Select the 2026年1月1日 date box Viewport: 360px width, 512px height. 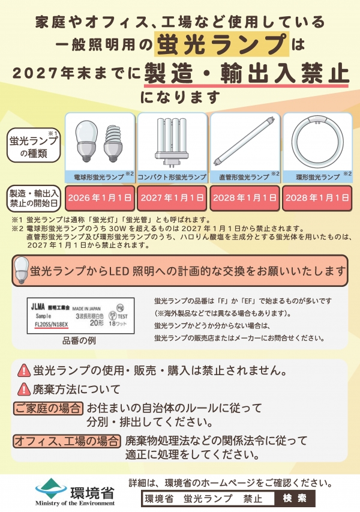(x=99, y=197)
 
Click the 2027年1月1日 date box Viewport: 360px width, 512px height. (x=172, y=197)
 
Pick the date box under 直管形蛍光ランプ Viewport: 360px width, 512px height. (x=244, y=197)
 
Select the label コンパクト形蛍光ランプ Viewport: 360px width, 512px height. (x=172, y=177)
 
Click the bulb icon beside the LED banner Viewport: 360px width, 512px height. (x=22, y=270)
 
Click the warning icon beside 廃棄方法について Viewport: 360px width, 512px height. (x=23, y=389)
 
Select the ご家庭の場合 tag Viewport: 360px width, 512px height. (x=48, y=409)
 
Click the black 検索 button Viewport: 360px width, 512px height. (x=294, y=498)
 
